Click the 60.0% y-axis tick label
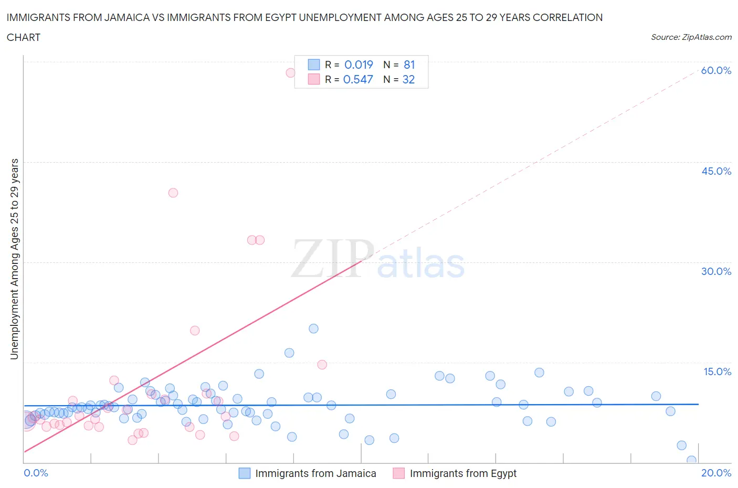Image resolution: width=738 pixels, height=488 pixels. [716, 70]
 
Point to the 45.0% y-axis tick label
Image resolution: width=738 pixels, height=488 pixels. [716, 171]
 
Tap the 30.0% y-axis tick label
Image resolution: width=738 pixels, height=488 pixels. [716, 271]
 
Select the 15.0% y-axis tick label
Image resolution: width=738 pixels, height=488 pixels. [716, 372]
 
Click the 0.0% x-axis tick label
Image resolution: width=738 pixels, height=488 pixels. [36, 473]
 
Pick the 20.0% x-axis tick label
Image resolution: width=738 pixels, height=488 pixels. [716, 473]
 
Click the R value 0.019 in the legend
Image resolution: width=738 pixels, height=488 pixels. [359, 65]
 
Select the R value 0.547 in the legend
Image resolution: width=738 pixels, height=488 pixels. [358, 79]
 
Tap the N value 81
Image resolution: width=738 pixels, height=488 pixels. [409, 65]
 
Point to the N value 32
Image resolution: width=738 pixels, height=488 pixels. [408, 79]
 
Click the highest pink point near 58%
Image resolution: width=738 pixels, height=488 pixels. [290, 72]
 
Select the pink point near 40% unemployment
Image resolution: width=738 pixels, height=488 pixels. [173, 193]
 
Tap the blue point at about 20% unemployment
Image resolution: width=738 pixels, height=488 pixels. [313, 328]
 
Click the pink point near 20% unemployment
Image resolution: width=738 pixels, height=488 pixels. [195, 331]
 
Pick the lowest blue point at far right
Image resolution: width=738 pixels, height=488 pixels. [691, 460]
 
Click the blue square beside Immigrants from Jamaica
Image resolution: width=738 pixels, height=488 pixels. [245, 473]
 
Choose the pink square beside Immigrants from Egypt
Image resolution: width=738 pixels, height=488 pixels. [399, 473]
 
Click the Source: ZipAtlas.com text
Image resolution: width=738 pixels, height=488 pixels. [691, 37]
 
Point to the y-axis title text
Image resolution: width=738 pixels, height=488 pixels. [14, 259]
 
